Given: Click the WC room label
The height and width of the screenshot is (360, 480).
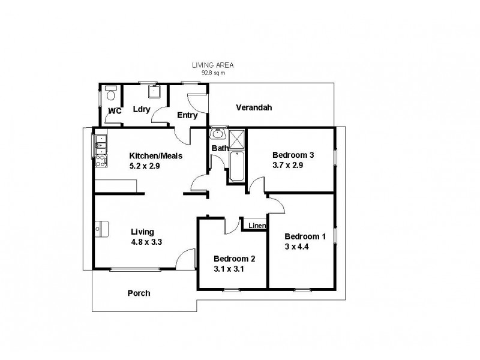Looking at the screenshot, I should [x=115, y=111].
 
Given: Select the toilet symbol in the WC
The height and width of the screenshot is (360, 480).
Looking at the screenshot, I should [x=110, y=95].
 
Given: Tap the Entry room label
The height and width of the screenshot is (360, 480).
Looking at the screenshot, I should [x=187, y=115].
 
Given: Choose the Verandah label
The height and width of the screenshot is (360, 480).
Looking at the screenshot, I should [x=254, y=108].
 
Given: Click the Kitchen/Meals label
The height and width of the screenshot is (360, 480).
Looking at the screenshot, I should [x=156, y=155].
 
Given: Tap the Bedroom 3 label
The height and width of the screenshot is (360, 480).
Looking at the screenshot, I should [x=293, y=154].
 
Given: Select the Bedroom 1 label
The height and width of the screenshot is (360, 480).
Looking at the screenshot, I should [x=305, y=236].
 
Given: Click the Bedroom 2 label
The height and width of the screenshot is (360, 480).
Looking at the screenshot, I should [x=235, y=259].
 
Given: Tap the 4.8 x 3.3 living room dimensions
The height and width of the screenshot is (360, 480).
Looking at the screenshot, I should [x=147, y=242].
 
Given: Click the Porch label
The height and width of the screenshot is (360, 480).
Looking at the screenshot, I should [x=139, y=293].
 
